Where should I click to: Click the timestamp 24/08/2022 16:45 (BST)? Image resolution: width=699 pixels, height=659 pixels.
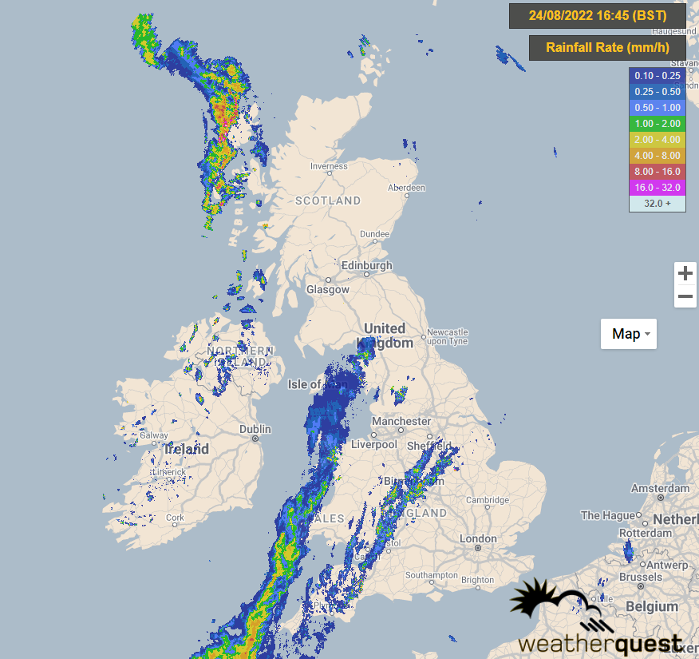click(597, 15)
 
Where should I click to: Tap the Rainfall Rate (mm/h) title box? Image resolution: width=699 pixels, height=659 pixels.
click(606, 48)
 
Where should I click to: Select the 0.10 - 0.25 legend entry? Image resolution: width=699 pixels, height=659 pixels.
click(658, 75)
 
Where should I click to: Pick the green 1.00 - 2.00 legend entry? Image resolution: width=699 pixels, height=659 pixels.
click(658, 123)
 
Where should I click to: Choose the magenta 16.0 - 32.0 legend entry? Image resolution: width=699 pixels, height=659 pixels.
click(658, 187)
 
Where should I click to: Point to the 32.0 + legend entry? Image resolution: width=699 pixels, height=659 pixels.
click(658, 203)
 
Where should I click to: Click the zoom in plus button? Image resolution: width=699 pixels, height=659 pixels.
click(685, 273)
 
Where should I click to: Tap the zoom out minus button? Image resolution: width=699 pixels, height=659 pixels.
click(685, 297)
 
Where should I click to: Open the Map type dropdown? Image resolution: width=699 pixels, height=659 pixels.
click(629, 333)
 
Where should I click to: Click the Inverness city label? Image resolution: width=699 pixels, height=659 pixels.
click(329, 166)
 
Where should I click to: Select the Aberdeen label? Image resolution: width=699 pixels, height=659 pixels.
click(406, 188)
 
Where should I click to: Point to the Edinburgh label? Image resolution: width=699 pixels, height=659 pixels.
click(366, 265)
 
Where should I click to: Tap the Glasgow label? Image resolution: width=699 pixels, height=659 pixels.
click(328, 289)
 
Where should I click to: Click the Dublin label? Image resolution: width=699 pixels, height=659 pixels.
click(255, 430)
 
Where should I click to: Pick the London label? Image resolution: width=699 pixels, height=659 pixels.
click(478, 539)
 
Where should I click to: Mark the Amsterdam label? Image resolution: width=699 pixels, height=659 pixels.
click(660, 488)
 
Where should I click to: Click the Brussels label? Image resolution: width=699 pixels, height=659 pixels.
click(641, 577)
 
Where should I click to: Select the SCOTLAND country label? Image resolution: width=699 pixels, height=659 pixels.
click(328, 200)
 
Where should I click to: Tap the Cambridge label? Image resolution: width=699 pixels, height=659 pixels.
click(487, 500)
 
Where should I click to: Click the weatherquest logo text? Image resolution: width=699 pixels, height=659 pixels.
click(600, 643)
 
